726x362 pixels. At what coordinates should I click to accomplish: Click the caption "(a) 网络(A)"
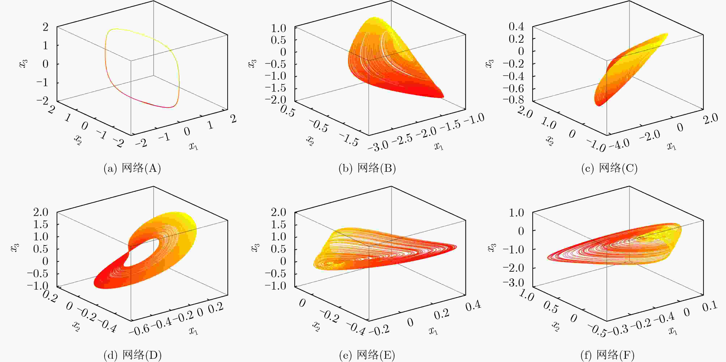coord(132,169)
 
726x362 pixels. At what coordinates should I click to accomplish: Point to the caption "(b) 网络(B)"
coord(367,169)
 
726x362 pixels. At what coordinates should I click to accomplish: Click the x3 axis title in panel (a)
coord(24,64)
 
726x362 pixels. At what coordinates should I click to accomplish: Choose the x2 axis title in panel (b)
coord(310,140)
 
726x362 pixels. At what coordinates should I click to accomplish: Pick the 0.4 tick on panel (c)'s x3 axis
coord(516,27)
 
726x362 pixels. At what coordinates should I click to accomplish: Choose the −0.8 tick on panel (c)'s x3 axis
coord(514,99)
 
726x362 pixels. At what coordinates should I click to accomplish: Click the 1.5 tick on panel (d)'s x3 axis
coord(41,225)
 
